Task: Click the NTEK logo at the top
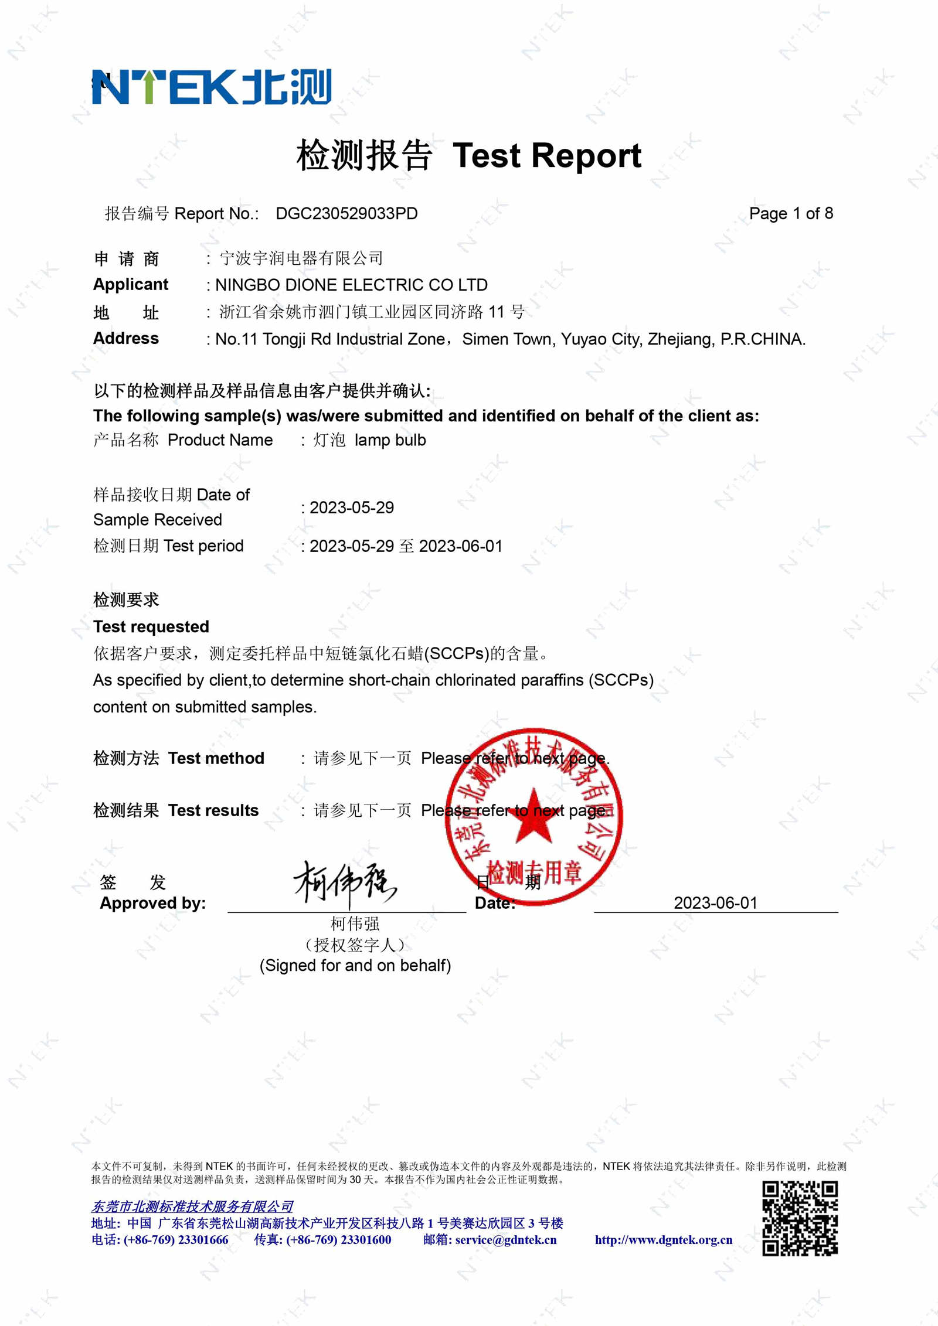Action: pyautogui.click(x=212, y=87)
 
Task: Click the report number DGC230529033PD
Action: pyautogui.click(x=346, y=214)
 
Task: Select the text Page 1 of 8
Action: pyautogui.click(x=791, y=214)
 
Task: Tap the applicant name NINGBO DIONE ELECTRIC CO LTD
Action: pyautogui.click(x=351, y=285)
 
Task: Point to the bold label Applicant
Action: pyautogui.click(x=131, y=285)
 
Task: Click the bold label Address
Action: pyautogui.click(x=126, y=339)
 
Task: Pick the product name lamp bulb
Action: pyautogui.click(x=390, y=440)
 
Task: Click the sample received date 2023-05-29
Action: pyautogui.click(x=352, y=507)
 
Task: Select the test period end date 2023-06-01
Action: pyautogui.click(x=461, y=546)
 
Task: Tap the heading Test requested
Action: pyautogui.click(x=151, y=627)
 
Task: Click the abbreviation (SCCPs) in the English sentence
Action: pyautogui.click(x=622, y=680)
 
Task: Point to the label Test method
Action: pyautogui.click(x=216, y=758)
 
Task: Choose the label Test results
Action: pyautogui.click(x=213, y=810)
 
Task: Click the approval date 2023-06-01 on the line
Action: pyautogui.click(x=715, y=903)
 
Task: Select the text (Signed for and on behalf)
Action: pyautogui.click(x=355, y=966)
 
